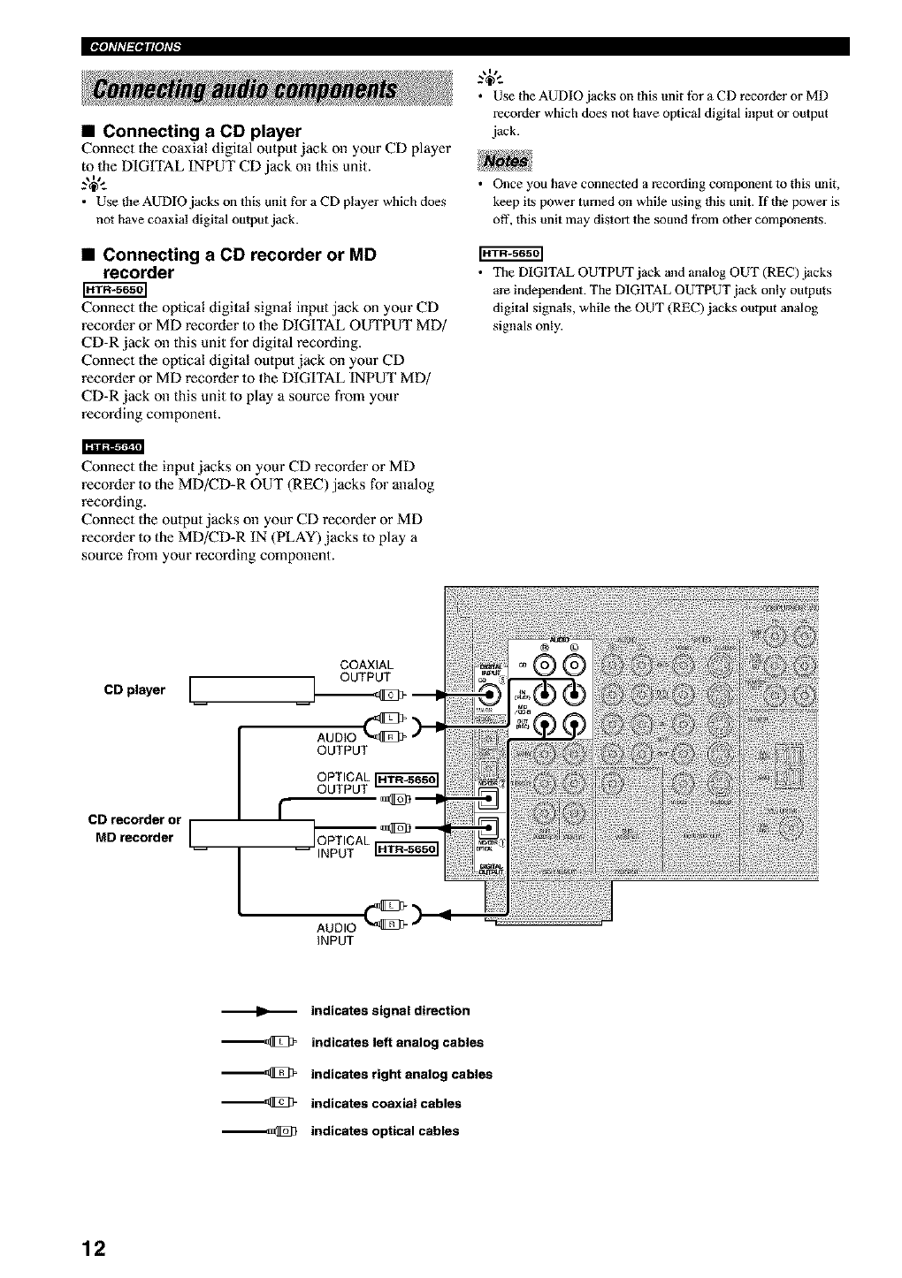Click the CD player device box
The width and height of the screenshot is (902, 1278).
[x=253, y=689]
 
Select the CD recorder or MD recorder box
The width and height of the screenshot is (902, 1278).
[x=252, y=833]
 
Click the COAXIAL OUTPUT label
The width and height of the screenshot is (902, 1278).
[x=366, y=671]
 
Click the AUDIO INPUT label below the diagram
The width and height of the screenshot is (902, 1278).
[x=336, y=934]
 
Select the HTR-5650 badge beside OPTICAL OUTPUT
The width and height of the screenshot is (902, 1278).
[x=407, y=780]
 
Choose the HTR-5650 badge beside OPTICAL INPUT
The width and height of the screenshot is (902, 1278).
[x=407, y=849]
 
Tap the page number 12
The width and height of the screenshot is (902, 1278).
[x=93, y=1249]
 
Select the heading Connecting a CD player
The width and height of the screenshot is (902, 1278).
[x=202, y=132]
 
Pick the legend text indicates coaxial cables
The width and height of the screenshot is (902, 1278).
[x=386, y=1103]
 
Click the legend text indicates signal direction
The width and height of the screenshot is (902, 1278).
[x=390, y=1010]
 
